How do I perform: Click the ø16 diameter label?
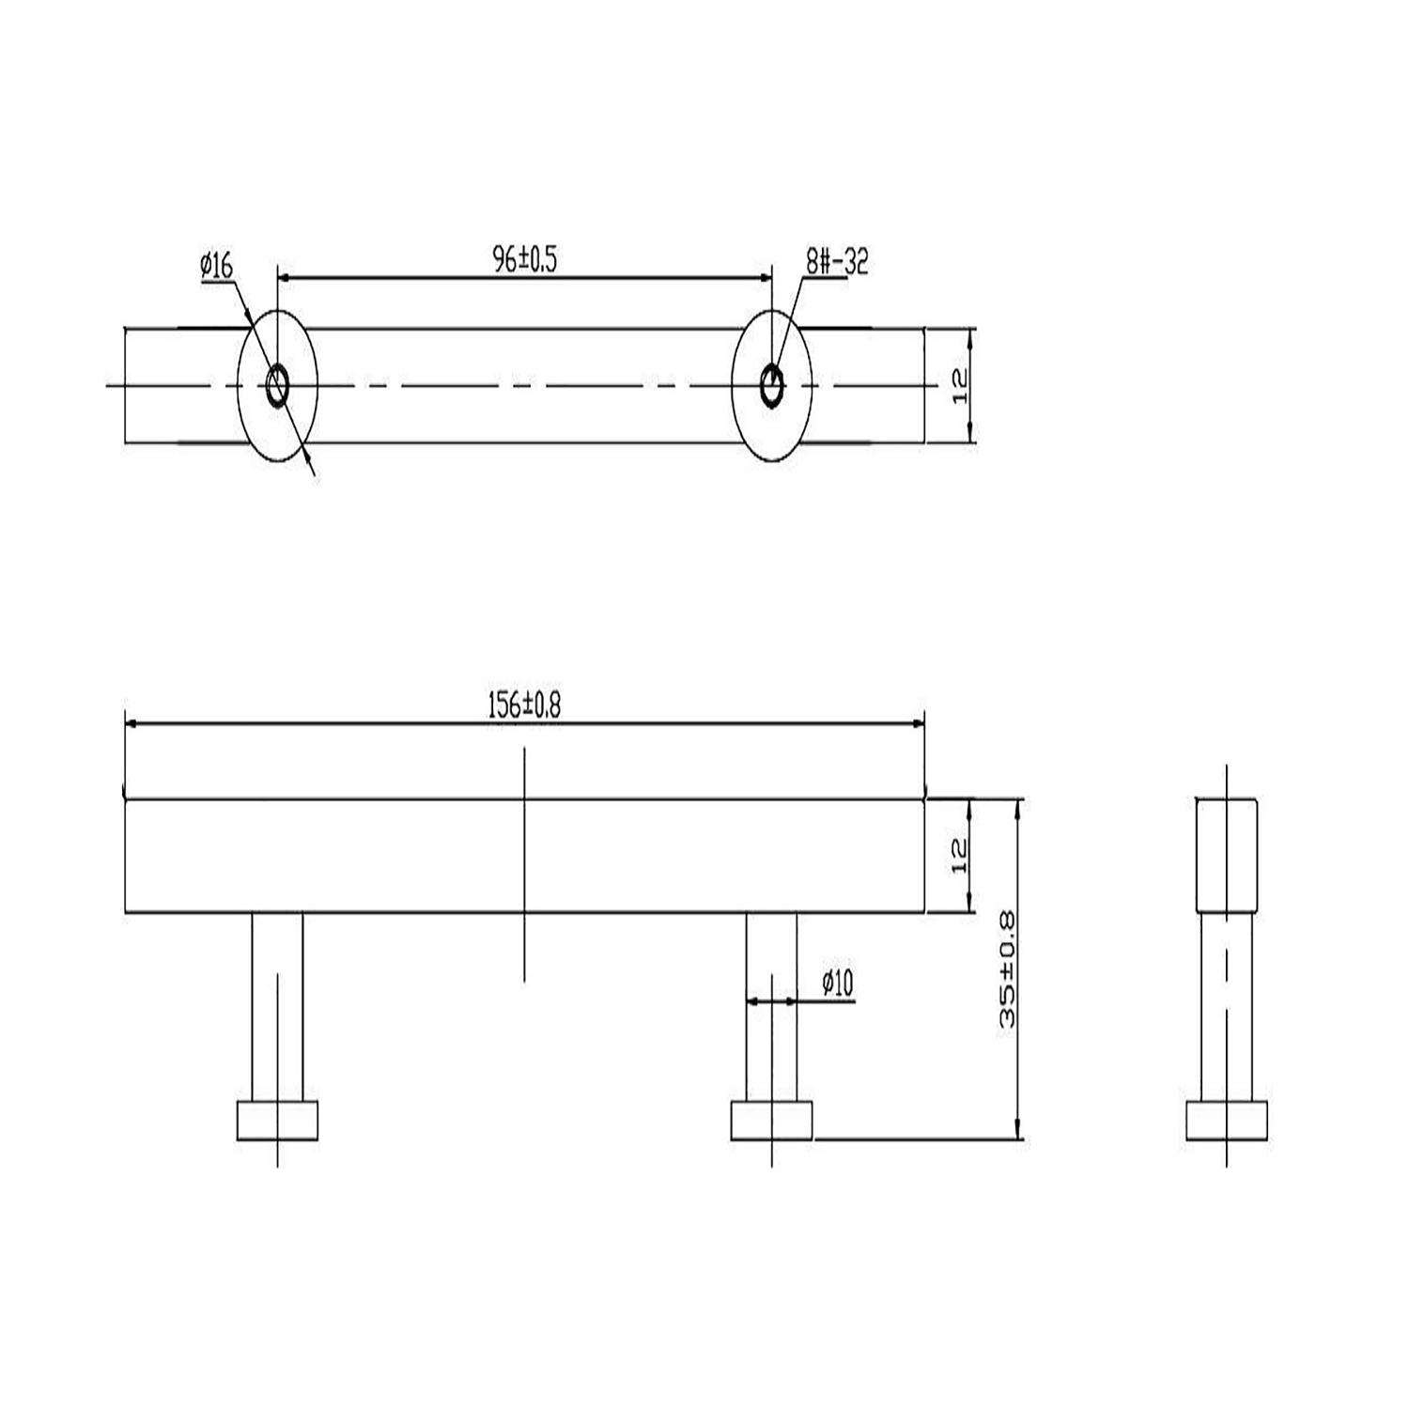coord(216,267)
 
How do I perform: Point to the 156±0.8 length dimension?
coord(523,704)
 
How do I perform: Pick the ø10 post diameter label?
coord(836,983)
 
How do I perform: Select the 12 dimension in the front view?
coord(959,856)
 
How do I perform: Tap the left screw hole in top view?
coord(278,386)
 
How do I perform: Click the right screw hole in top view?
coord(771,386)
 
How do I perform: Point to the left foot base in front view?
coord(277,1120)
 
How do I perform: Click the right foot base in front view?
coord(771,1120)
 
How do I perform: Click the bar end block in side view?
coord(1226,855)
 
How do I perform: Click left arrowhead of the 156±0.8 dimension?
coord(132,723)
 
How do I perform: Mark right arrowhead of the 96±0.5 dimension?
coord(765,278)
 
